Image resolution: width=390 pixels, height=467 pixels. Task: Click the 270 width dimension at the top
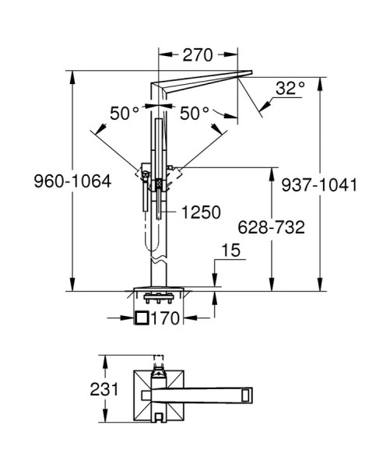pyautogui.click(x=198, y=55)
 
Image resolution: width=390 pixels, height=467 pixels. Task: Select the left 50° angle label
pyautogui.click(x=125, y=114)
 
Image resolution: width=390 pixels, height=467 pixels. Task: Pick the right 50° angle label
pyautogui.click(x=195, y=114)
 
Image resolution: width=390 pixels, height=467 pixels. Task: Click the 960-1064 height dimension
pyautogui.click(x=72, y=181)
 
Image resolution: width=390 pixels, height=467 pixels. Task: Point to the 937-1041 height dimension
pyautogui.click(x=319, y=185)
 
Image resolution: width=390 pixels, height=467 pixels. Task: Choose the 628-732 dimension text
pyautogui.click(x=271, y=227)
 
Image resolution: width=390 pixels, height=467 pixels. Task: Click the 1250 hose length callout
pyautogui.click(x=201, y=212)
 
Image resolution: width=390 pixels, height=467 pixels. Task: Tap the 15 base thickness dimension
pyautogui.click(x=231, y=250)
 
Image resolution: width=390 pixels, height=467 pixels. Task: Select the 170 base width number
pyautogui.click(x=166, y=318)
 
